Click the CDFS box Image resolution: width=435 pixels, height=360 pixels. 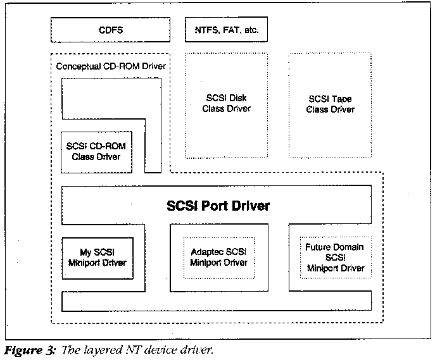pyautogui.click(x=110, y=29)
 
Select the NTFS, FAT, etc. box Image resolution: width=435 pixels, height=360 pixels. pyautogui.click(x=227, y=29)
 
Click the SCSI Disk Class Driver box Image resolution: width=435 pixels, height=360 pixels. pyautogui.click(x=226, y=104)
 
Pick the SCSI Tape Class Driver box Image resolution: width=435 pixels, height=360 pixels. pyautogui.click(x=330, y=104)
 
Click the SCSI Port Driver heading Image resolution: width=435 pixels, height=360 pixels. pyautogui.click(x=218, y=206)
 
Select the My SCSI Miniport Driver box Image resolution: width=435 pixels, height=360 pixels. pyautogui.click(x=98, y=258)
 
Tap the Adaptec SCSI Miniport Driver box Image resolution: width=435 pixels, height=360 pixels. pyautogui.click(x=218, y=258)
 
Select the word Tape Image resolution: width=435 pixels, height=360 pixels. pyautogui.click(x=343, y=99)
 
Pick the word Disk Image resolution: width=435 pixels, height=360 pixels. pyautogui.click(x=238, y=99)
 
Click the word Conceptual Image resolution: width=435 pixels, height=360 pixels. pyautogui.click(x=79, y=66)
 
